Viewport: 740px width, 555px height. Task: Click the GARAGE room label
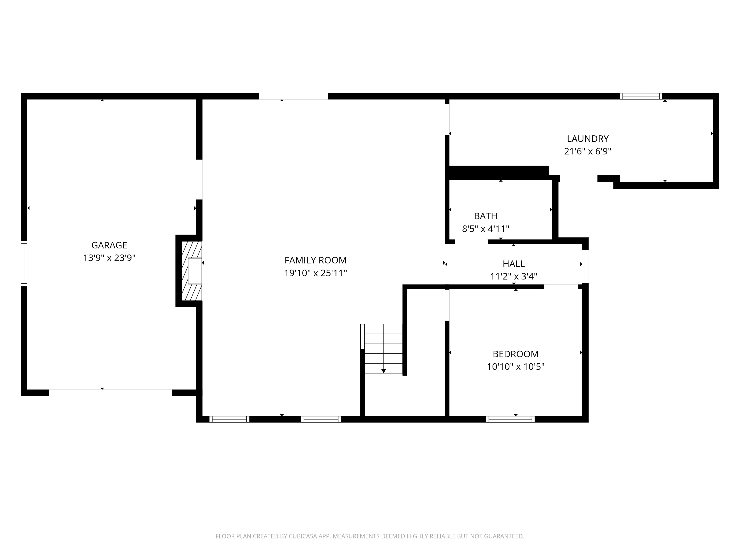coord(109,245)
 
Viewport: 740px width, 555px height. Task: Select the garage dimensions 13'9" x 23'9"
coord(109,258)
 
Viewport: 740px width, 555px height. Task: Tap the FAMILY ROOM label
coord(315,260)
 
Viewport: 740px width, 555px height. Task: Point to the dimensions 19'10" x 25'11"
coord(315,273)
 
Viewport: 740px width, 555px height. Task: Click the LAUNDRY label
coord(588,138)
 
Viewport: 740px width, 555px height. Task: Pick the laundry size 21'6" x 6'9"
coord(588,151)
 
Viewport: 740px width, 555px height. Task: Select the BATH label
coord(485,216)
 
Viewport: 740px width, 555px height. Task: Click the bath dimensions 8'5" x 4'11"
coord(485,229)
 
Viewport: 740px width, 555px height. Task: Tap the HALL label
coord(514,264)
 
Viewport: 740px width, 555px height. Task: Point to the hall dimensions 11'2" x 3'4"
coord(514,276)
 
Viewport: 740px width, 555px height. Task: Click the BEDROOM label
coord(516,354)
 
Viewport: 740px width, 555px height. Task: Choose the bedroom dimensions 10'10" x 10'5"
coord(516,367)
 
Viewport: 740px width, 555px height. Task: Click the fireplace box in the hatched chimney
coord(195,271)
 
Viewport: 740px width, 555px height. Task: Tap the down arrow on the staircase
coord(383,371)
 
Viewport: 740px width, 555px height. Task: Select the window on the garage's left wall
coord(24,263)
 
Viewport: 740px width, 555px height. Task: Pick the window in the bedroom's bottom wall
coord(510,419)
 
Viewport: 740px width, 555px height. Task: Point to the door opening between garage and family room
coord(199,179)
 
